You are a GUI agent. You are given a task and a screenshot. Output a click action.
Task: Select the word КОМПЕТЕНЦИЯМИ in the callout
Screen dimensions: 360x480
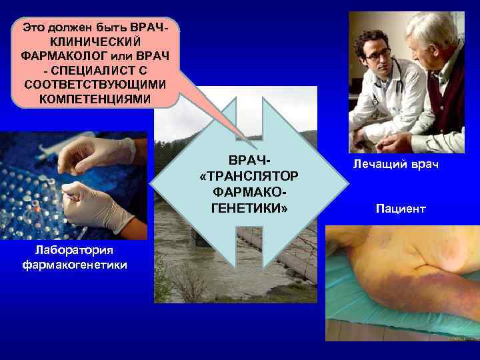(x=95, y=98)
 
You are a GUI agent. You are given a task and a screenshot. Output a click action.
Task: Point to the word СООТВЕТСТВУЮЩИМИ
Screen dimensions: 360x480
(x=95, y=84)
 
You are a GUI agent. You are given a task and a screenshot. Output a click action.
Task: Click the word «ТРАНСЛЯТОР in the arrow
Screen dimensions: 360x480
(x=249, y=175)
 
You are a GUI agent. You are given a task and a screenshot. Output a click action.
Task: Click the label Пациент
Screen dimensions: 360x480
(x=400, y=209)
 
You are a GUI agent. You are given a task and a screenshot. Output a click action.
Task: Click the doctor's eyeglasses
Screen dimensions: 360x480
(x=377, y=52)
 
